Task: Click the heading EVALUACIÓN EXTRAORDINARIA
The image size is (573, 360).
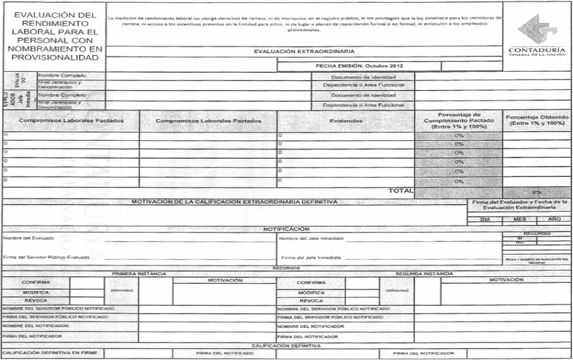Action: click(x=304, y=51)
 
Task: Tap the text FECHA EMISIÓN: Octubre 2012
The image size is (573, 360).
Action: click(x=359, y=66)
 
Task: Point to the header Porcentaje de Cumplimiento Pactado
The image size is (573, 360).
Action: click(x=458, y=120)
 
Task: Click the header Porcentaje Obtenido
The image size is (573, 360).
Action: click(x=537, y=120)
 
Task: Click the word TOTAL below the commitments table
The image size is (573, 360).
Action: click(x=401, y=191)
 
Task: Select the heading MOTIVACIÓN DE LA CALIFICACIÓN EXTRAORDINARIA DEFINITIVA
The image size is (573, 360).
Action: click(x=234, y=201)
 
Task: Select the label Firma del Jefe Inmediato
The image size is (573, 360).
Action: click(x=311, y=257)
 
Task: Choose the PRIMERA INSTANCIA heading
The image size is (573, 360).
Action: click(x=139, y=274)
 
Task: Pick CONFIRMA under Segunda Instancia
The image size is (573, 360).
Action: click(x=311, y=283)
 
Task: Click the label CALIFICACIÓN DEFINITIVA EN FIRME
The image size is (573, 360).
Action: click(x=52, y=353)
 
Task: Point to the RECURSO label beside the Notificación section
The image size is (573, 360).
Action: click(x=536, y=234)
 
